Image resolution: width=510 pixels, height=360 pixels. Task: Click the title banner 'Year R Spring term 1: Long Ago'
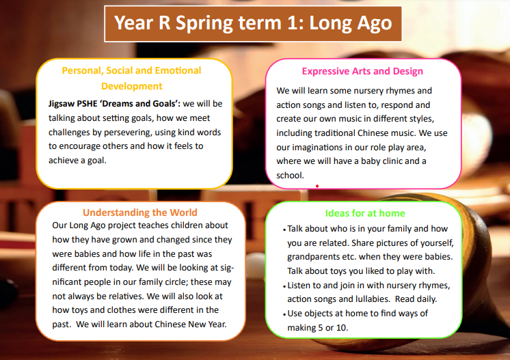coord(253,23)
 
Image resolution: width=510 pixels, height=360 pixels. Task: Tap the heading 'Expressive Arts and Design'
coord(362,71)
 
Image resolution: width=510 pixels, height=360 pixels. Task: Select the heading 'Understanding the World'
coord(139,212)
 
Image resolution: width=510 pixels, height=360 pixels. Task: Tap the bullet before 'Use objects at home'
coord(284,314)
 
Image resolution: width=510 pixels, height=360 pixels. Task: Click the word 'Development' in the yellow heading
coord(131,86)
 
